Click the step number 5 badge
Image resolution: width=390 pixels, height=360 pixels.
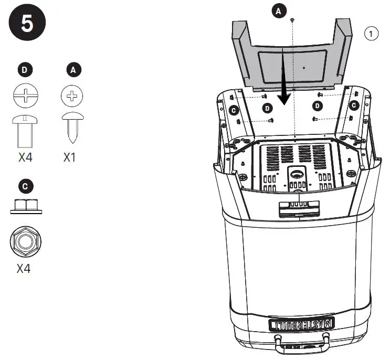point(26,25)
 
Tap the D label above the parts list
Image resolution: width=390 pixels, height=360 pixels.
point(25,69)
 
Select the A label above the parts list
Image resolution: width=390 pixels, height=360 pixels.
point(73,69)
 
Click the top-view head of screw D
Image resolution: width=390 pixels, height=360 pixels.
point(25,97)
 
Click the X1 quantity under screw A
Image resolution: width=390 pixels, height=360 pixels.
point(70,157)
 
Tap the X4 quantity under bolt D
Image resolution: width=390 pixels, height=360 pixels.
point(25,157)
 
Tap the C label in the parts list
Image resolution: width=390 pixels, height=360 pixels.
point(25,186)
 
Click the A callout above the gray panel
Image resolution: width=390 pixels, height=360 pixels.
point(279,9)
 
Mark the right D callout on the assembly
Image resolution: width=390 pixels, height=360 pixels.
point(318,106)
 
